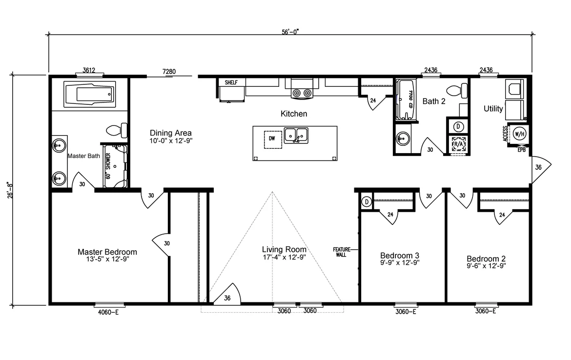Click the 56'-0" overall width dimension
[290, 32]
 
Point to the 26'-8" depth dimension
[11, 190]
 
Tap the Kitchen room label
[294, 114]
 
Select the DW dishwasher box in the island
[273, 140]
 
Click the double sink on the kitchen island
[296, 136]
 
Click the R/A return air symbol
[458, 144]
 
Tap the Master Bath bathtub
[90, 95]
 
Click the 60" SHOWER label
[108, 166]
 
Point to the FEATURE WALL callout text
[342, 252]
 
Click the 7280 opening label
[169, 72]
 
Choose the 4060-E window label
[108, 312]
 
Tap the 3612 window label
[89, 70]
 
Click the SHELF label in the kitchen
[231, 82]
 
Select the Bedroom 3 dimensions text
[400, 262]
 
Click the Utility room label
[493, 108]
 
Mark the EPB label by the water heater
[522, 150]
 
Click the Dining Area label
[171, 133]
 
